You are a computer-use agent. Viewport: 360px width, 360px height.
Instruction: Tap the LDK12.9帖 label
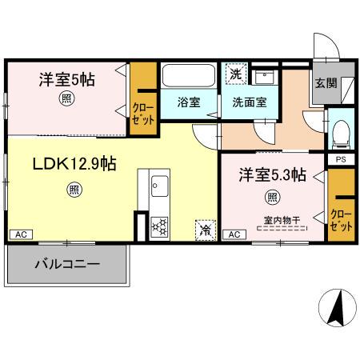point(74,163)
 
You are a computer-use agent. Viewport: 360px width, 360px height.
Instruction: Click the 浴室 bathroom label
point(190,102)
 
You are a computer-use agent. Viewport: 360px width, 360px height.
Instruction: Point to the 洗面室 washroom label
point(249,102)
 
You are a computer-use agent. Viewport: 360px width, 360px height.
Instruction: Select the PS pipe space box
point(339,158)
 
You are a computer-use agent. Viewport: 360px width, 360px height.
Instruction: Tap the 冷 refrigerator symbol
point(205,230)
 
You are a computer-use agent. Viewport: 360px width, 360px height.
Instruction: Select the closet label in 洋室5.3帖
point(340,220)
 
